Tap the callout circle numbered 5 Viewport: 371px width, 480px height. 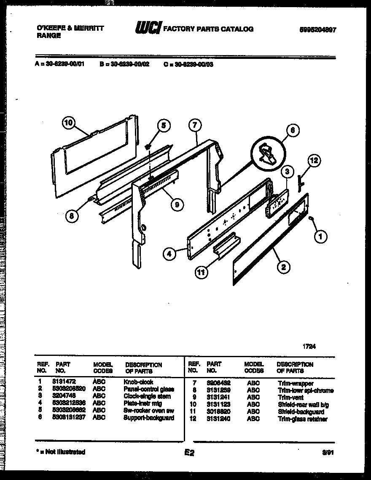tap(164, 125)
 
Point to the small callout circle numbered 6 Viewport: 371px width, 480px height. tap(292, 131)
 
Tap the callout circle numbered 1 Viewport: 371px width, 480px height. tap(321, 237)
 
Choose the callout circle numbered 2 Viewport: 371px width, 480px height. tap(283, 266)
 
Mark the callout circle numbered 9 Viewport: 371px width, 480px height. tap(178, 205)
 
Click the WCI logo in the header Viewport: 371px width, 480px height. tap(148, 29)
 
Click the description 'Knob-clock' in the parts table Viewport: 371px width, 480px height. tap(138, 382)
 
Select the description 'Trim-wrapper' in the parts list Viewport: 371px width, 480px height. tap(296, 384)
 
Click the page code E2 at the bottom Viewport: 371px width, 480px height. tap(188, 453)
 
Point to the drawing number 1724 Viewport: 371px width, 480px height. tap(309, 347)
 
